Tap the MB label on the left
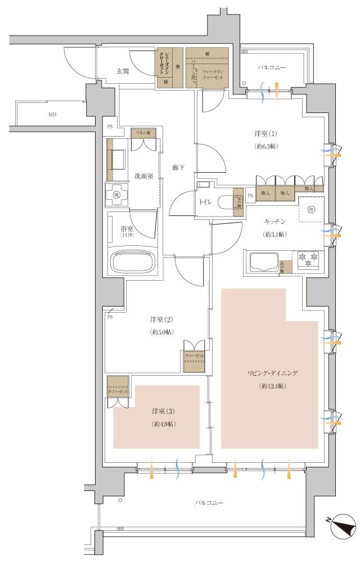[52, 115]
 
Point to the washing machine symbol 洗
[117, 195]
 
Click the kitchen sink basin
[262, 261]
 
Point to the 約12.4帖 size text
[272, 386]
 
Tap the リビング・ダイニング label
[272, 373]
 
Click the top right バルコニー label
[272, 67]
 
